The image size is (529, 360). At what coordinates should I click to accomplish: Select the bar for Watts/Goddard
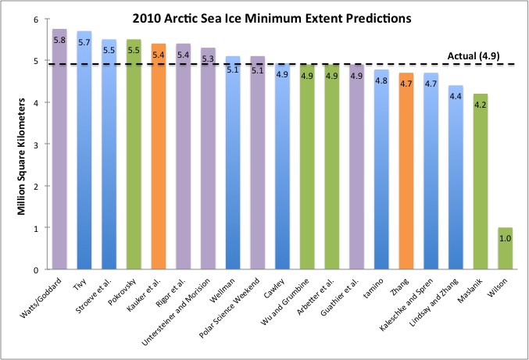pos(59,156)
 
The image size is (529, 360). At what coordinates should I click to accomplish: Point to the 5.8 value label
pos(59,39)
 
